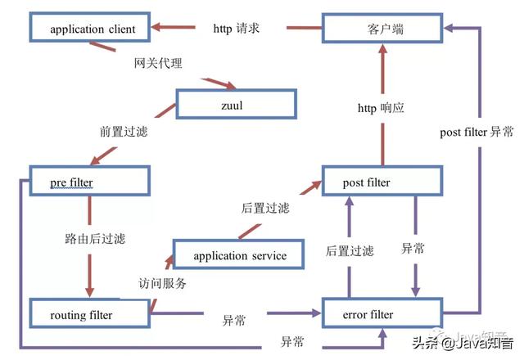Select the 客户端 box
click(382, 29)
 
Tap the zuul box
click(235, 105)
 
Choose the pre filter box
click(89, 180)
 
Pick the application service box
click(240, 256)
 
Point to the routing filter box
click(89, 315)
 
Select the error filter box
click(382, 315)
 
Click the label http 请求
click(237, 29)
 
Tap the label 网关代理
click(158, 63)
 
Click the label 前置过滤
click(123, 130)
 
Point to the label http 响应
click(382, 108)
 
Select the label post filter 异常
click(477, 132)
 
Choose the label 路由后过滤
click(95, 240)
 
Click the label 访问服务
click(162, 284)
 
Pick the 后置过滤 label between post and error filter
click(350, 250)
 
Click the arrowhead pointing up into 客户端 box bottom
click(382, 51)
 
